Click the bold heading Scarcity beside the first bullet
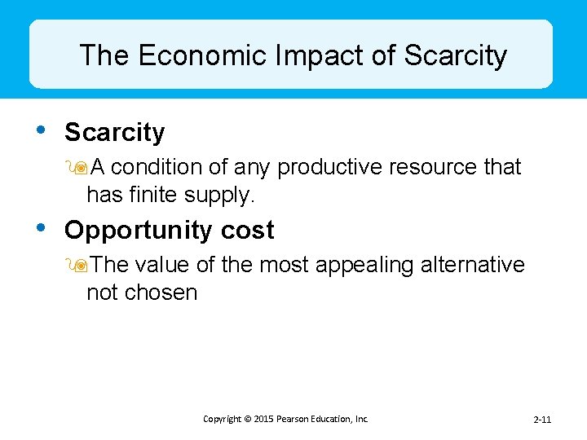click(x=114, y=132)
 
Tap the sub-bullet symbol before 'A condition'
click(x=80, y=168)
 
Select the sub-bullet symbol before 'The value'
click(x=80, y=266)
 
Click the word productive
click(x=329, y=168)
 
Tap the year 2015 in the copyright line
click(x=263, y=419)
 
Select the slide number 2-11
click(x=542, y=420)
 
